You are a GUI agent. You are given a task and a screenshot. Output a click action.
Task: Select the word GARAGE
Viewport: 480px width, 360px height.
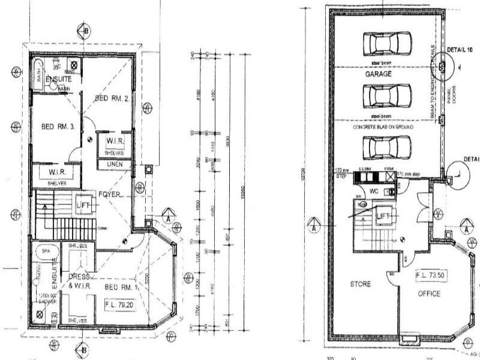point(379,74)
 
